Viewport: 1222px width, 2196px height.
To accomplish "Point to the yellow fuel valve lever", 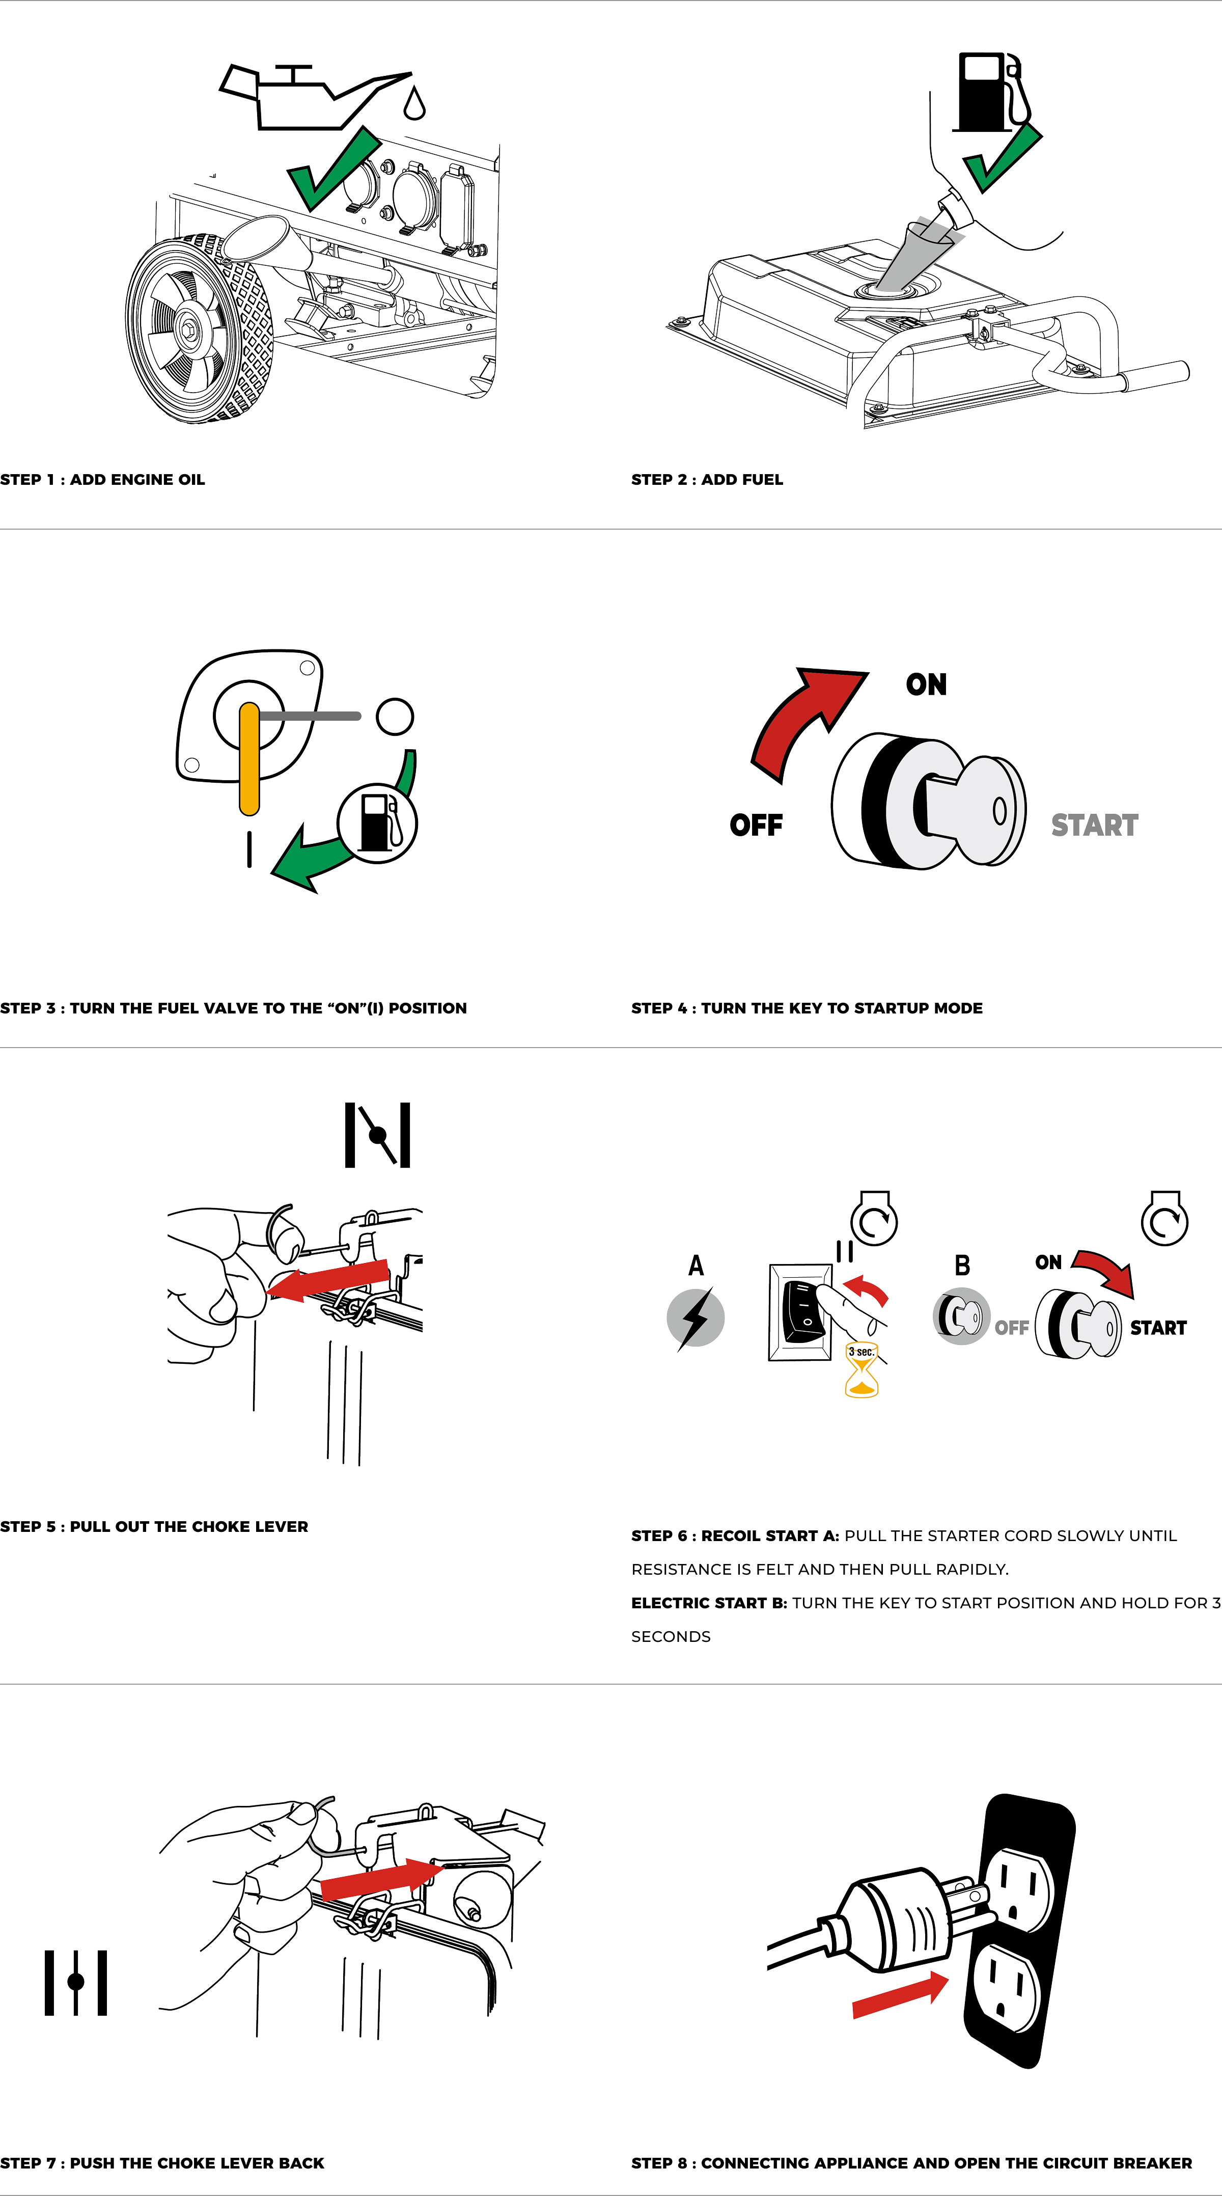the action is (x=249, y=759).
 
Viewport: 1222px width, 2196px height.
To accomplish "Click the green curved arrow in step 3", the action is (x=341, y=840).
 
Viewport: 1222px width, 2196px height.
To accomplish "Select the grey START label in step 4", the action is (x=1094, y=825).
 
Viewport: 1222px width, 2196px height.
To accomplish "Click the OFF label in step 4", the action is (x=756, y=825).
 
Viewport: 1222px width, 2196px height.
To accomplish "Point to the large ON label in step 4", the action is (x=926, y=684).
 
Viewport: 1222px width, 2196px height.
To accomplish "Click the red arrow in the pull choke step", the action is (x=328, y=1280).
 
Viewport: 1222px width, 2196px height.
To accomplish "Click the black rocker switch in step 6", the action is (x=803, y=1311).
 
